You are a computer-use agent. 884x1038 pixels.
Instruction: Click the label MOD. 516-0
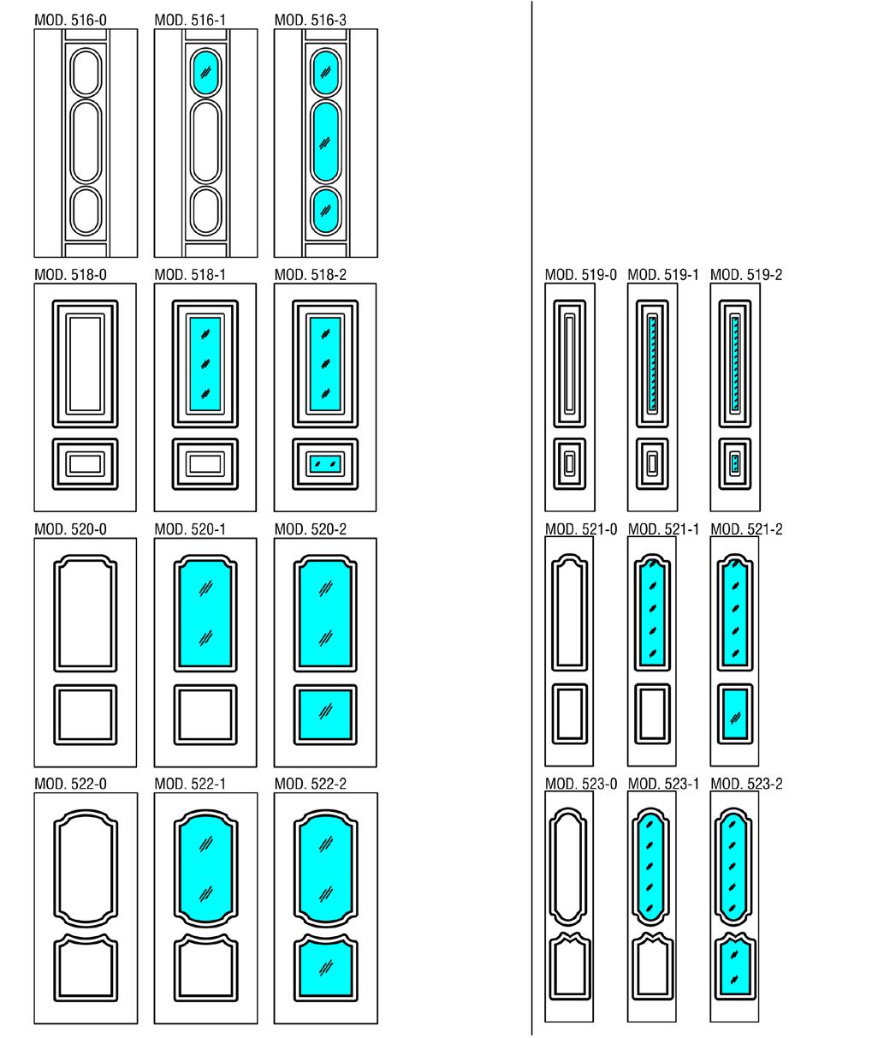[x=71, y=19]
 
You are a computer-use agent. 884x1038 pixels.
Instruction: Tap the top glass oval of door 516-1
[x=205, y=72]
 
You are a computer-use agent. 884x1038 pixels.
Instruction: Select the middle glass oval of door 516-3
[x=324, y=141]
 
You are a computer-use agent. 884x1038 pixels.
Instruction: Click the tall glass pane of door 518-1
[x=205, y=363]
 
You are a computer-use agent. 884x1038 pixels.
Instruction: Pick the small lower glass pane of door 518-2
[x=324, y=464]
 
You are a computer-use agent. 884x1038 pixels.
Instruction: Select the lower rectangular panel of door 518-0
[x=85, y=464]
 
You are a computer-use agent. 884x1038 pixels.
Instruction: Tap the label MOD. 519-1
[x=663, y=275]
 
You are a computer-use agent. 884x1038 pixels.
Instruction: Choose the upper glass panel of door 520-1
[x=205, y=613]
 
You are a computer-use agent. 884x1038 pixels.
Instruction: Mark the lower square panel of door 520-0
[x=85, y=713]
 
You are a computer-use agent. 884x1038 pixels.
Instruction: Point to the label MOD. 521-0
[x=581, y=529]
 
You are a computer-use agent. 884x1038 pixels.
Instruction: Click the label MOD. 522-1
[x=191, y=784]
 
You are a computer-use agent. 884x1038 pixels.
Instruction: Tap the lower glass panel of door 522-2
[x=324, y=968]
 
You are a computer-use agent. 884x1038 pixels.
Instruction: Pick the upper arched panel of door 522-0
[x=85, y=867]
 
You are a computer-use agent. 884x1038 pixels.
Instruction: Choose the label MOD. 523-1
[x=663, y=784]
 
